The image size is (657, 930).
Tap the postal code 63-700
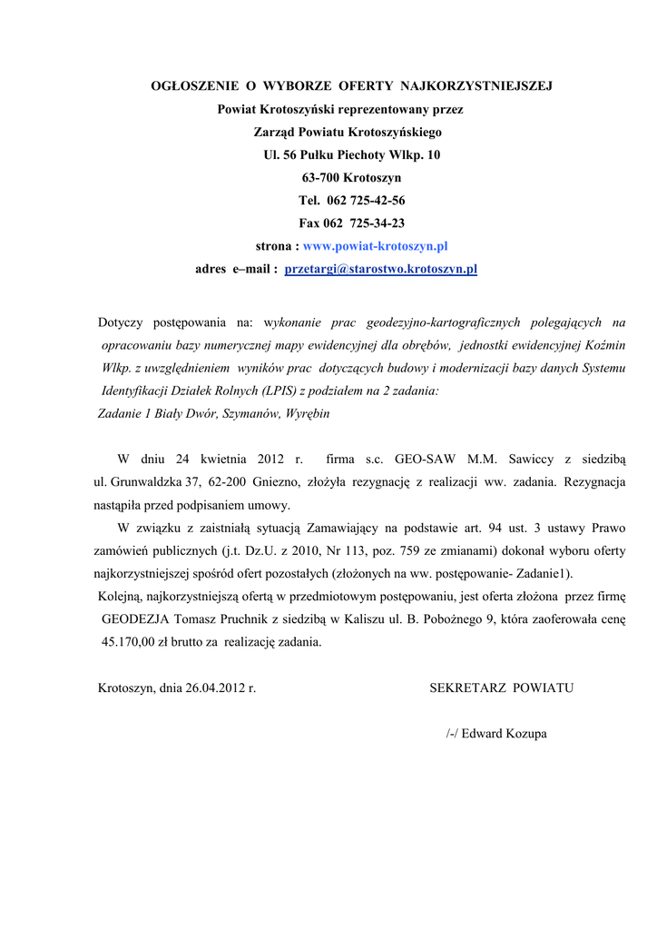click(322, 178)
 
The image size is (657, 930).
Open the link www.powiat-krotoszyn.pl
click(375, 246)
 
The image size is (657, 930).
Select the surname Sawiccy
click(536, 459)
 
